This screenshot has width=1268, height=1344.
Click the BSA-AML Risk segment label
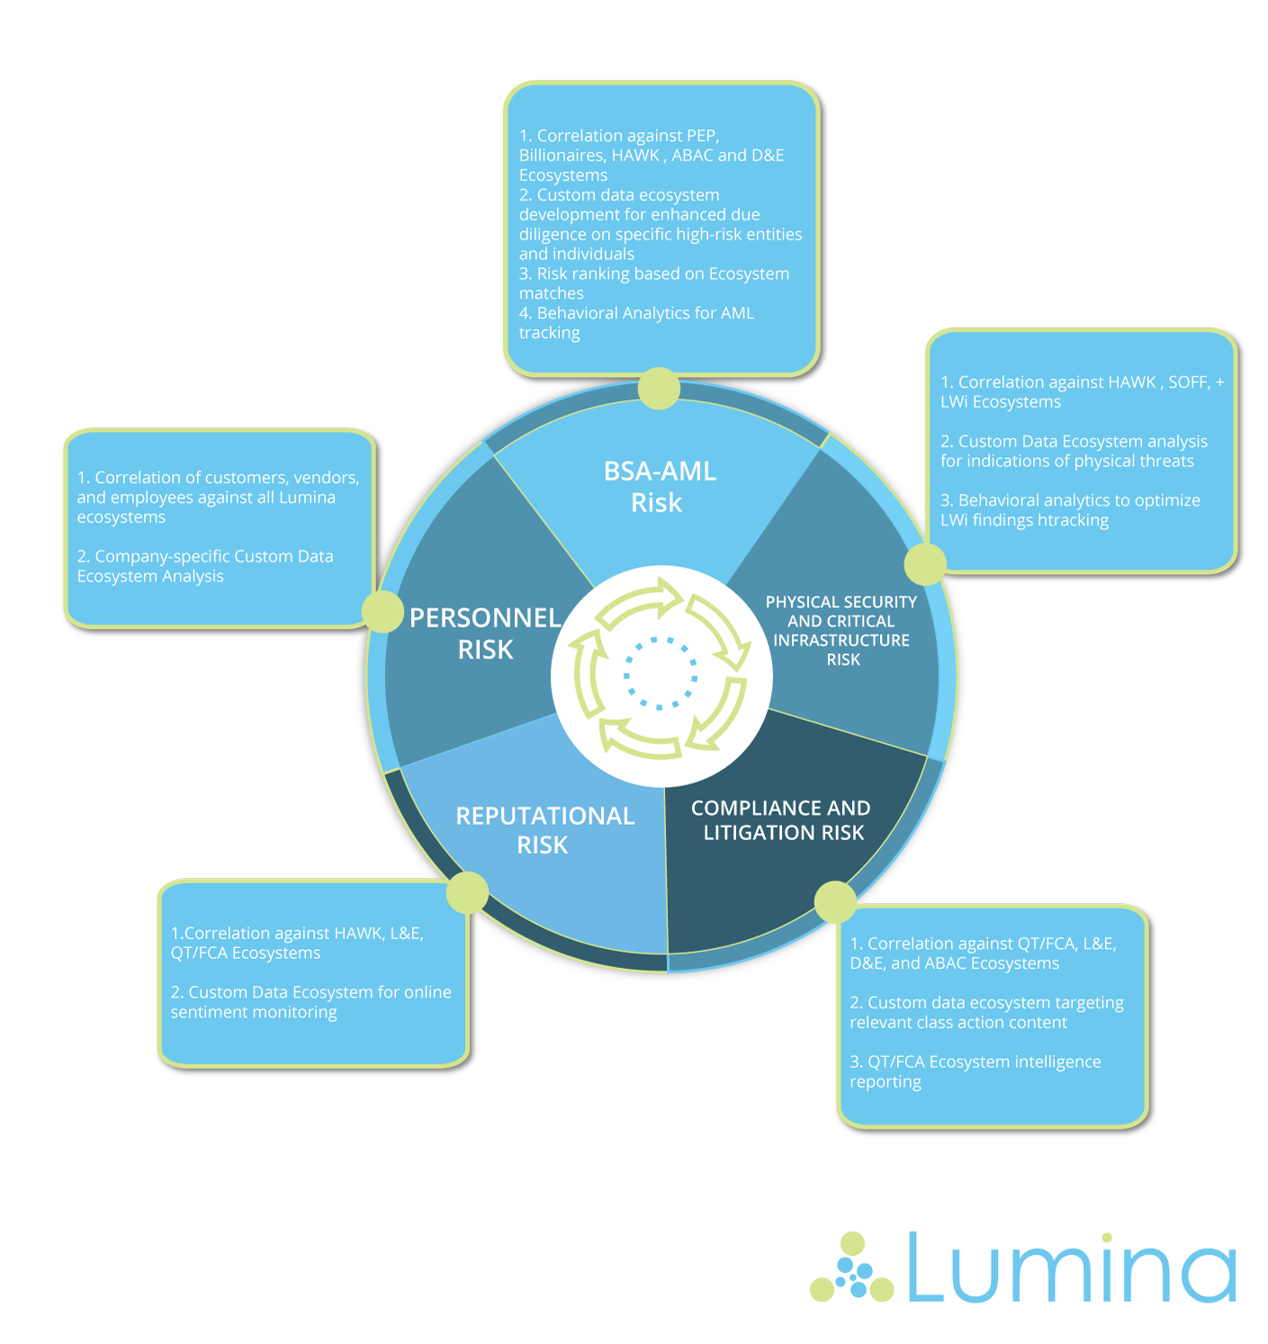[660, 487]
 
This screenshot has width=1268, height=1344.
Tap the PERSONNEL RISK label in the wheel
[485, 633]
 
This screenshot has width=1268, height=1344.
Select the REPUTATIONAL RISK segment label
[544, 829]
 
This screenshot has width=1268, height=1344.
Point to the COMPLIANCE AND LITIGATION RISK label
[781, 820]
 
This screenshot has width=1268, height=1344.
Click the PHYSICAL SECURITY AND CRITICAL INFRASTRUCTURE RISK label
[841, 631]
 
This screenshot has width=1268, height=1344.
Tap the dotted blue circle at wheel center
[661, 673]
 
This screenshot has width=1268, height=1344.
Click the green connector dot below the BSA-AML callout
[659, 389]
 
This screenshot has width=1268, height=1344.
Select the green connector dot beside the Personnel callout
[382, 612]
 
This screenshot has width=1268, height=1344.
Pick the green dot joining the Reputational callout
[467, 892]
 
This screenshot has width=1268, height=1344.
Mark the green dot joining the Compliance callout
[835, 901]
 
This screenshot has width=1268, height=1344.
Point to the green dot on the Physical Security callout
[924, 564]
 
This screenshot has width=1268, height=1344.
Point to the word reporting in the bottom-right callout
[886, 1082]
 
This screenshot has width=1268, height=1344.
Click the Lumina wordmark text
[1071, 1268]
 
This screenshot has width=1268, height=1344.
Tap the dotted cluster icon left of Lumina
[851, 1268]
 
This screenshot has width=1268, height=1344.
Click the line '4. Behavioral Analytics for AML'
[636, 313]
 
